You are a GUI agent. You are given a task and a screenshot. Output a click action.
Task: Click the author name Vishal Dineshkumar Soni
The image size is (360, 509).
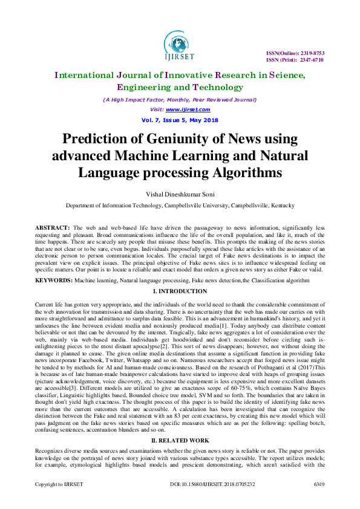coord(180,193)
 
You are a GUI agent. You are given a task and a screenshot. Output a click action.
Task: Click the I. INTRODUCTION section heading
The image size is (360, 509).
coord(180,291)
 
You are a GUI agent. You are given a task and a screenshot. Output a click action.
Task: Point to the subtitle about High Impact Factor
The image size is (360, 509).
coord(180,100)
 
